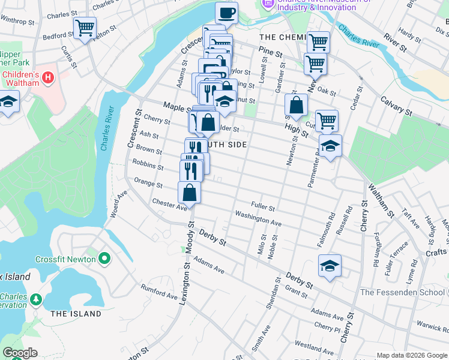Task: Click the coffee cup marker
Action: coord(226,13)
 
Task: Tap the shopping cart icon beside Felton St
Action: coord(85,27)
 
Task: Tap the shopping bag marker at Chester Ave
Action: coord(190,193)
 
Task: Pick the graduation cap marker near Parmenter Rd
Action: coord(330,146)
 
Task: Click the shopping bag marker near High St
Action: coord(296,105)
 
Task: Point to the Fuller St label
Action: coord(263,208)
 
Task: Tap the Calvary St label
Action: coord(396,106)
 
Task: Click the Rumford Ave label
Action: coord(159,292)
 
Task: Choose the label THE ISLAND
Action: coord(76,314)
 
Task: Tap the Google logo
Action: coord(20,353)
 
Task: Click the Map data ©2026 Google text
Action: coord(412,355)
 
